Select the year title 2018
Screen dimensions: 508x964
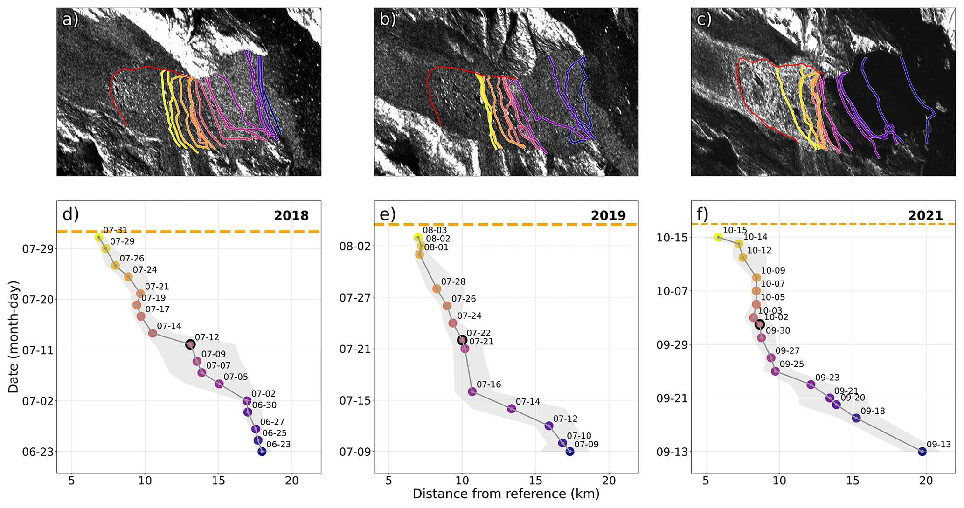click(x=291, y=215)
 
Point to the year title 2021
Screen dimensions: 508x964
click(x=925, y=215)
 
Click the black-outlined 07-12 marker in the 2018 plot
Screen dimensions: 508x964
click(x=190, y=345)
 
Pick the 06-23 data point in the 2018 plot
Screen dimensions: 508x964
click(x=262, y=452)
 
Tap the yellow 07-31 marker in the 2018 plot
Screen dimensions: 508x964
click(x=98, y=237)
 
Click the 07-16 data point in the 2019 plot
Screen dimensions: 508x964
click(x=472, y=391)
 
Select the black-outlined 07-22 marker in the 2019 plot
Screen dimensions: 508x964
click(x=462, y=340)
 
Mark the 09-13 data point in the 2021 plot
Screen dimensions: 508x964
click(x=922, y=452)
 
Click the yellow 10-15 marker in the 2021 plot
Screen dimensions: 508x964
click(x=718, y=238)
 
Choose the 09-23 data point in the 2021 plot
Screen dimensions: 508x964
click(x=811, y=384)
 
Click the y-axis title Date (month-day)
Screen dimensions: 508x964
click(x=14, y=336)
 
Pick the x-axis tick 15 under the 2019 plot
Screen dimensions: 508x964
click(x=535, y=481)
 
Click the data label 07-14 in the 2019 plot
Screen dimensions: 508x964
click(x=528, y=402)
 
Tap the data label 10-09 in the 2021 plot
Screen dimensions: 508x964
click(x=773, y=270)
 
